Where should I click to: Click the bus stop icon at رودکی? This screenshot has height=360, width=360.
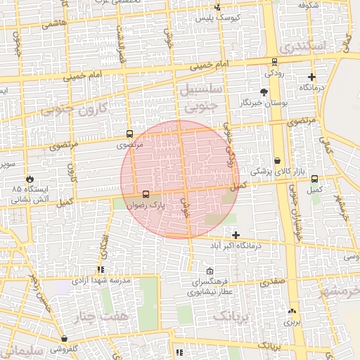[274, 61]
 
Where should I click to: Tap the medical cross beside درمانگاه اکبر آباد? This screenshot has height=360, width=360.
[236, 235]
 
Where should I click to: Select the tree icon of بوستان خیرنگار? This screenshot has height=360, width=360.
[264, 91]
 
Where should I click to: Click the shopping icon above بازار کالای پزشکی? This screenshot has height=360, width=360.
[278, 160]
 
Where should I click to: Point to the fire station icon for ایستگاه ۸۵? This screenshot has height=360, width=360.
[29, 179]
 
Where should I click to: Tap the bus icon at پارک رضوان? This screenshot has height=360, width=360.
[146, 194]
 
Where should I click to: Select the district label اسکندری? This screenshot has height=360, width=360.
[302, 46]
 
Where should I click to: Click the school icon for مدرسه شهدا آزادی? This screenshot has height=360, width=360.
[101, 269]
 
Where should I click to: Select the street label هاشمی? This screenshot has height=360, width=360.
[55, 23]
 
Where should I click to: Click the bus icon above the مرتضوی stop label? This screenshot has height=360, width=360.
[129, 133]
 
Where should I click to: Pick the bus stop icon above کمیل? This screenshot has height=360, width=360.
[314, 179]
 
